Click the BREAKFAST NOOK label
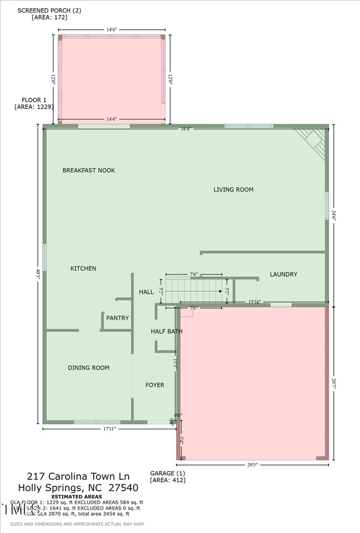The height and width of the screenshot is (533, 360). [x=89, y=170]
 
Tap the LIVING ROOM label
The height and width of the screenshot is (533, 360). [x=233, y=190]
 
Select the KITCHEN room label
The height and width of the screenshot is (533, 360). [x=83, y=269]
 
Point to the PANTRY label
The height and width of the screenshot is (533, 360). [x=117, y=318]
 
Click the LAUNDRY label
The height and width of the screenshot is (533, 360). [x=283, y=274]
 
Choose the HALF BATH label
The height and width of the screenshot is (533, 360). [x=166, y=331]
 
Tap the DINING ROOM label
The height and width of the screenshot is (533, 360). [x=89, y=368]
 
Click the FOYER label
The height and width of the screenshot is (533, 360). [x=155, y=385]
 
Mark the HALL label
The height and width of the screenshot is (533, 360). [x=146, y=292]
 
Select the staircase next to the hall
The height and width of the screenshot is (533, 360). [x=194, y=291]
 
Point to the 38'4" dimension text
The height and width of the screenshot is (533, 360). [x=185, y=129]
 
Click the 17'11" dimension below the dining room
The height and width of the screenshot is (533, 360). [x=110, y=429]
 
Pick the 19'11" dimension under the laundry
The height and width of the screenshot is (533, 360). [x=254, y=302]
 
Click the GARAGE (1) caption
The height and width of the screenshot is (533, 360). [x=167, y=473]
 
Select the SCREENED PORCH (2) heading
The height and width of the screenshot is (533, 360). [x=43, y=10]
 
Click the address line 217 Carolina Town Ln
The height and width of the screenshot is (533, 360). [x=78, y=476]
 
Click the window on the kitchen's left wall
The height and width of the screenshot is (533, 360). [x=45, y=257]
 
